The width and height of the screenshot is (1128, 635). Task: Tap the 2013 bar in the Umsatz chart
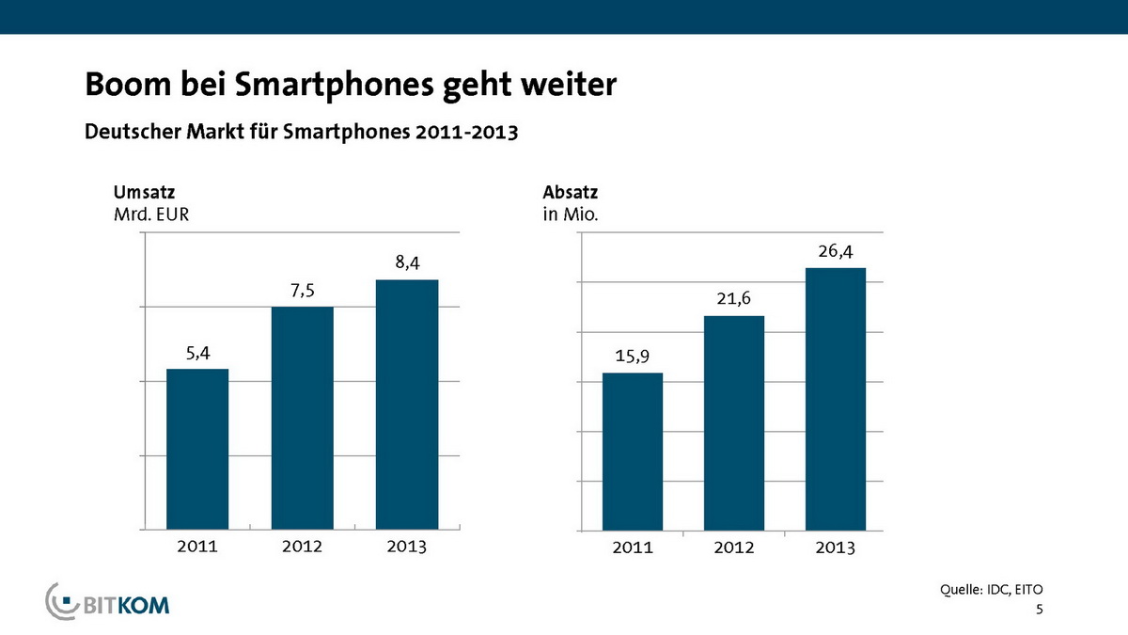pos(407,404)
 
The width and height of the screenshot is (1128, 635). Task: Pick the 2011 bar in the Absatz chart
pos(633,452)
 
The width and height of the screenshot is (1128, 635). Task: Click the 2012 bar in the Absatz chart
pos(734,422)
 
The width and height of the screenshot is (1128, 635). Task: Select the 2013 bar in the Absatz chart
pos(836,399)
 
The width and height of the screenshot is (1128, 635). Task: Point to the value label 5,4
pos(197,354)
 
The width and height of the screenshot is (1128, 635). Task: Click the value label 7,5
pos(303,292)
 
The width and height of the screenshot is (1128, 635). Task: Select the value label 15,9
pos(633,357)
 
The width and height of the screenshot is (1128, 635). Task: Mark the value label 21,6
pos(734,299)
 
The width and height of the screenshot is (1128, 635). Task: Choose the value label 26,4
pos(836,251)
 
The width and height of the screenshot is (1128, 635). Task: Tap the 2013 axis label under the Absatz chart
pos(836,548)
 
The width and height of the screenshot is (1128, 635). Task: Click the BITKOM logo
pos(109,602)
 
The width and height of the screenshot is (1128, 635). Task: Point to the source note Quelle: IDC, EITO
pos(992,590)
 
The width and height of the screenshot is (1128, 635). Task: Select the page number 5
pos(1040,611)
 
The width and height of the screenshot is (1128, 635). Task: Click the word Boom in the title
pos(122,86)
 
